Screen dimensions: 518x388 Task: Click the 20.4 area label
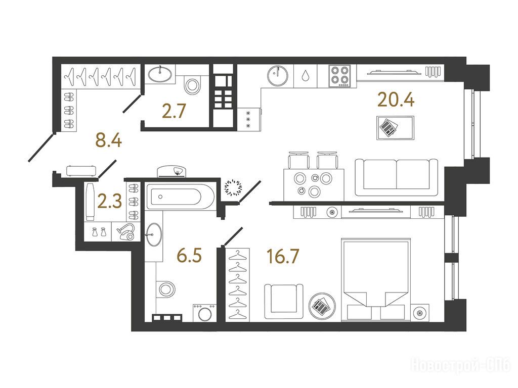click(x=396, y=100)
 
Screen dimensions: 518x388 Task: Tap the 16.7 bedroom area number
click(x=283, y=256)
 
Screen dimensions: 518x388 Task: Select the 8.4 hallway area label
click(x=108, y=140)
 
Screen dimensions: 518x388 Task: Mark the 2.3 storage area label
click(x=110, y=202)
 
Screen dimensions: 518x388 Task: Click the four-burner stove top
click(x=339, y=76)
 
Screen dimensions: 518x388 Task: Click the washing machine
click(x=205, y=312)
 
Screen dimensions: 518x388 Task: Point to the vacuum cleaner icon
click(x=126, y=232)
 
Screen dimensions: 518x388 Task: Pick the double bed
click(x=376, y=279)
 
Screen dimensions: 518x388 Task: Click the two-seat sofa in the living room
click(x=397, y=178)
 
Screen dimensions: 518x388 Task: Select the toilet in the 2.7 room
click(x=192, y=85)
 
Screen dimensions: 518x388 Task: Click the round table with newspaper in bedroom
click(x=322, y=306)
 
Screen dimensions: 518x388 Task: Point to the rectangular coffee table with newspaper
click(x=395, y=128)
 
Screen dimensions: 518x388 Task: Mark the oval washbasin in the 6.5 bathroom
click(x=153, y=234)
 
